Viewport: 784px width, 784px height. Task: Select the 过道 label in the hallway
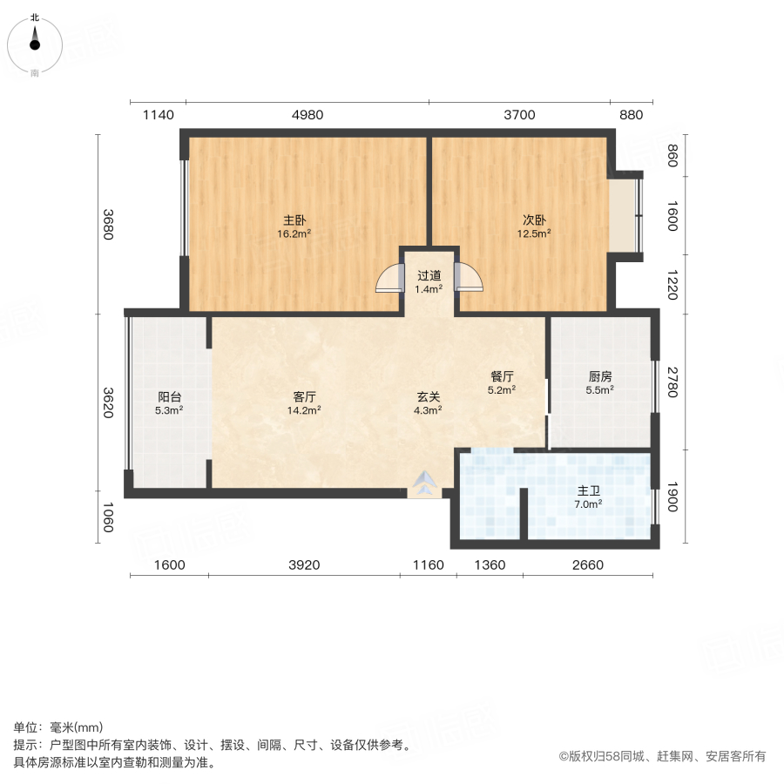(x=429, y=275)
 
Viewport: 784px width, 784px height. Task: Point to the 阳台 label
(x=169, y=396)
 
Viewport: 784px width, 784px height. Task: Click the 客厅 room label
(x=304, y=396)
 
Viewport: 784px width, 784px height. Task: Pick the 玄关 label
(x=427, y=396)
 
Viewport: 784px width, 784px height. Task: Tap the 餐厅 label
(x=502, y=376)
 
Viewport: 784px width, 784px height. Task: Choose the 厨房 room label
(x=600, y=376)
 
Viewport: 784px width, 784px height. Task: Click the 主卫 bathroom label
(x=589, y=491)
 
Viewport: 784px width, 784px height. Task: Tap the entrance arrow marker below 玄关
(x=425, y=484)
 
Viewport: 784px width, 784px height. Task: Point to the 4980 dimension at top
(x=307, y=115)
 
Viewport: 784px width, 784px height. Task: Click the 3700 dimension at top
(x=519, y=115)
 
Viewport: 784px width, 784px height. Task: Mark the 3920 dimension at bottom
(x=304, y=564)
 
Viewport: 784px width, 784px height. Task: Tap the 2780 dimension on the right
(x=672, y=383)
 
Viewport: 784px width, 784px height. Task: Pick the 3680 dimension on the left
(x=108, y=226)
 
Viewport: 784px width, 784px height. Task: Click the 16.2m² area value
(x=294, y=233)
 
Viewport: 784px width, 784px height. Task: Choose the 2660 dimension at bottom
(x=587, y=564)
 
